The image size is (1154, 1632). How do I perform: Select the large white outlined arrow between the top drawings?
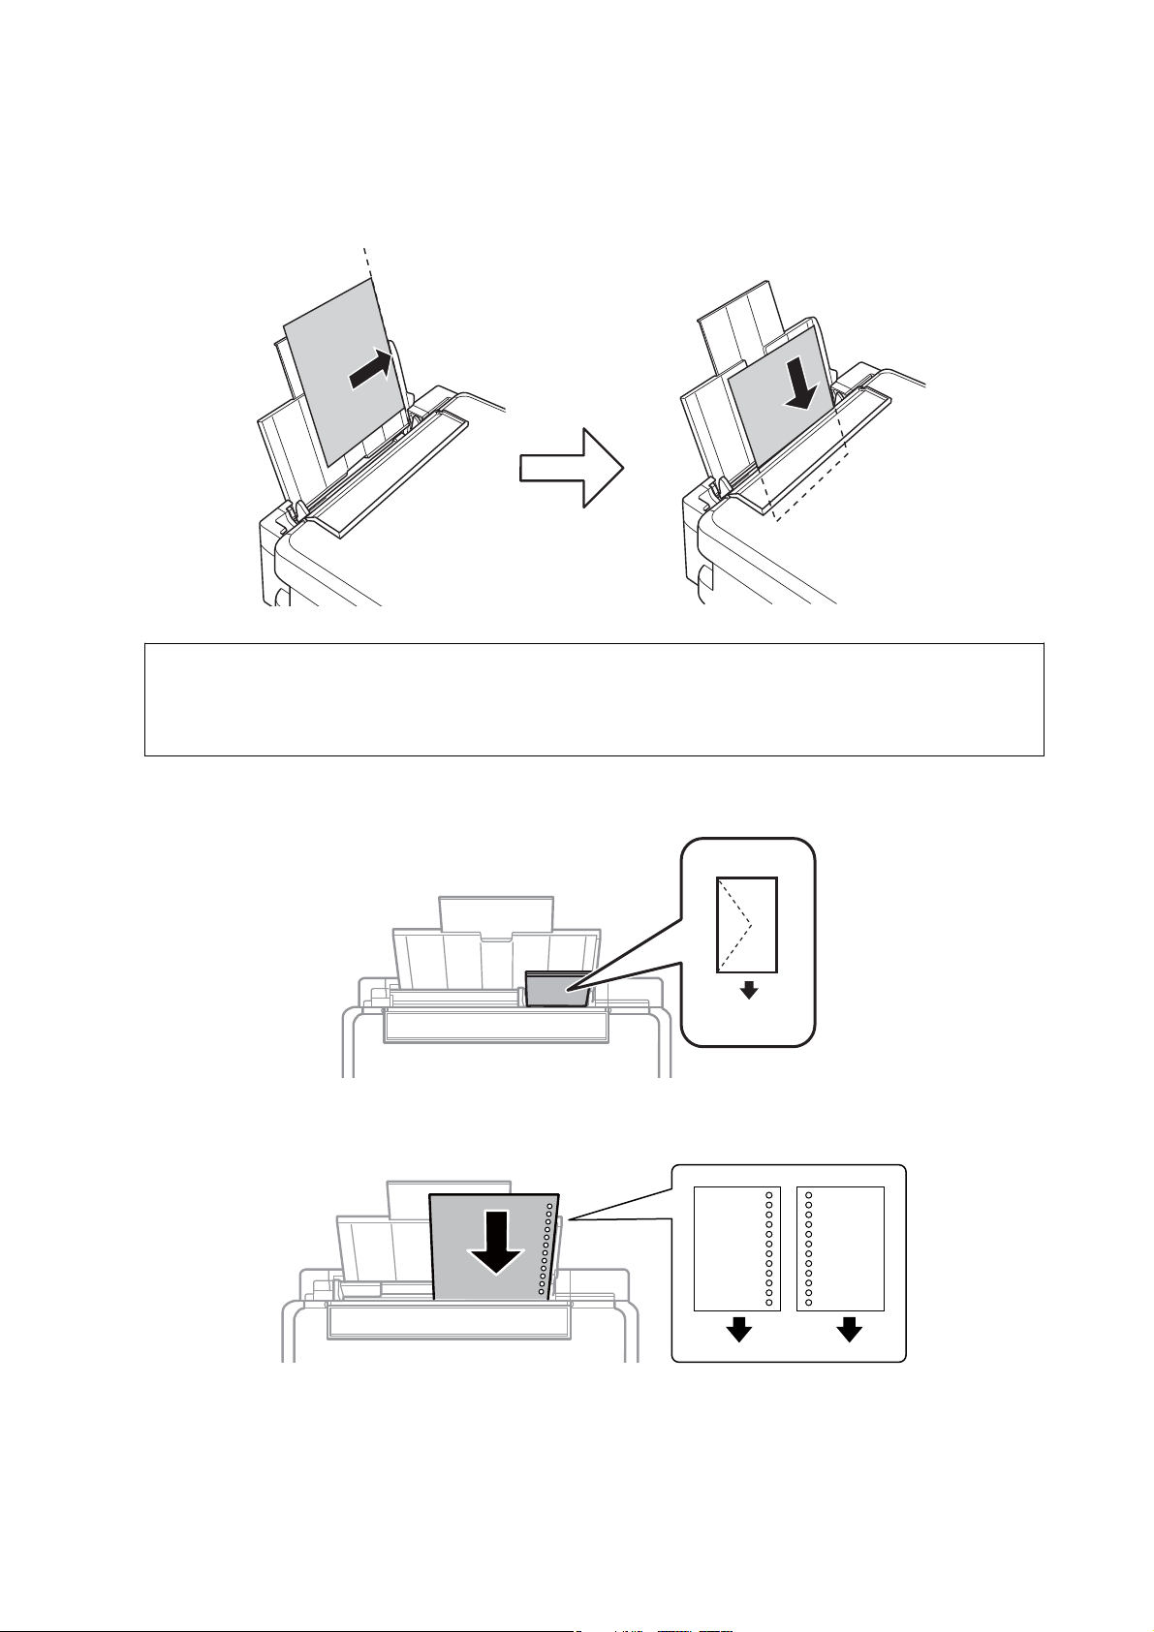coord(572,468)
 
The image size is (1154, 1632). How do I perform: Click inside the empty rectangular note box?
coord(593,698)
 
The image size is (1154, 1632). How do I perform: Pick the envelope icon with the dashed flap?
coord(746,924)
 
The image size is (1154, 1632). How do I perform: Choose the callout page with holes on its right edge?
coord(737,1247)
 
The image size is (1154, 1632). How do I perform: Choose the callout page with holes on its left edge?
coord(840,1247)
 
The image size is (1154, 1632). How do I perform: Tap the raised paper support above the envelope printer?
coord(496,916)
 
